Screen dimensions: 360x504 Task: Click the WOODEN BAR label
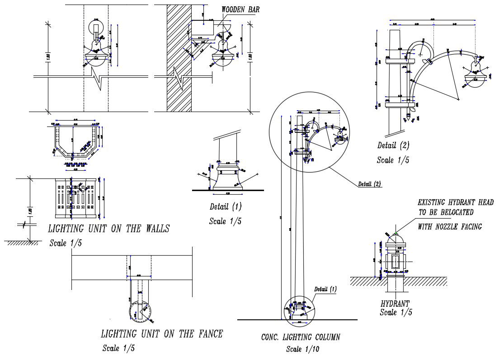(240, 9)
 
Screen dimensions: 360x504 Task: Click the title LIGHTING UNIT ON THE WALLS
(108, 229)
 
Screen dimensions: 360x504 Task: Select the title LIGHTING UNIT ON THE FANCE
(161, 334)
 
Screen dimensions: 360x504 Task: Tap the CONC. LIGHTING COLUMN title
(301, 337)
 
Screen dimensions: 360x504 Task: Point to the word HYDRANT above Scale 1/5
(395, 304)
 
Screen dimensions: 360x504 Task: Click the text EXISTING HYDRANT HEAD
(455, 203)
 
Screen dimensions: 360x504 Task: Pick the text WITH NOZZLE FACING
(450, 227)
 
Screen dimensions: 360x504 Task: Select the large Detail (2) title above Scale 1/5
(393, 145)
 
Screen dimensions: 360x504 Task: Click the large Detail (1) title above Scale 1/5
(226, 207)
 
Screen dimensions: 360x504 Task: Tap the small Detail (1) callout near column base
(325, 289)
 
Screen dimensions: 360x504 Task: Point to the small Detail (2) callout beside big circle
(369, 184)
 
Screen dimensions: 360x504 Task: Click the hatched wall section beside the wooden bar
(179, 59)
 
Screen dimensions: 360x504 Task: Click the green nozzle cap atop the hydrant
(396, 234)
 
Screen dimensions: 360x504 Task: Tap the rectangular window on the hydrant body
(396, 262)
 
